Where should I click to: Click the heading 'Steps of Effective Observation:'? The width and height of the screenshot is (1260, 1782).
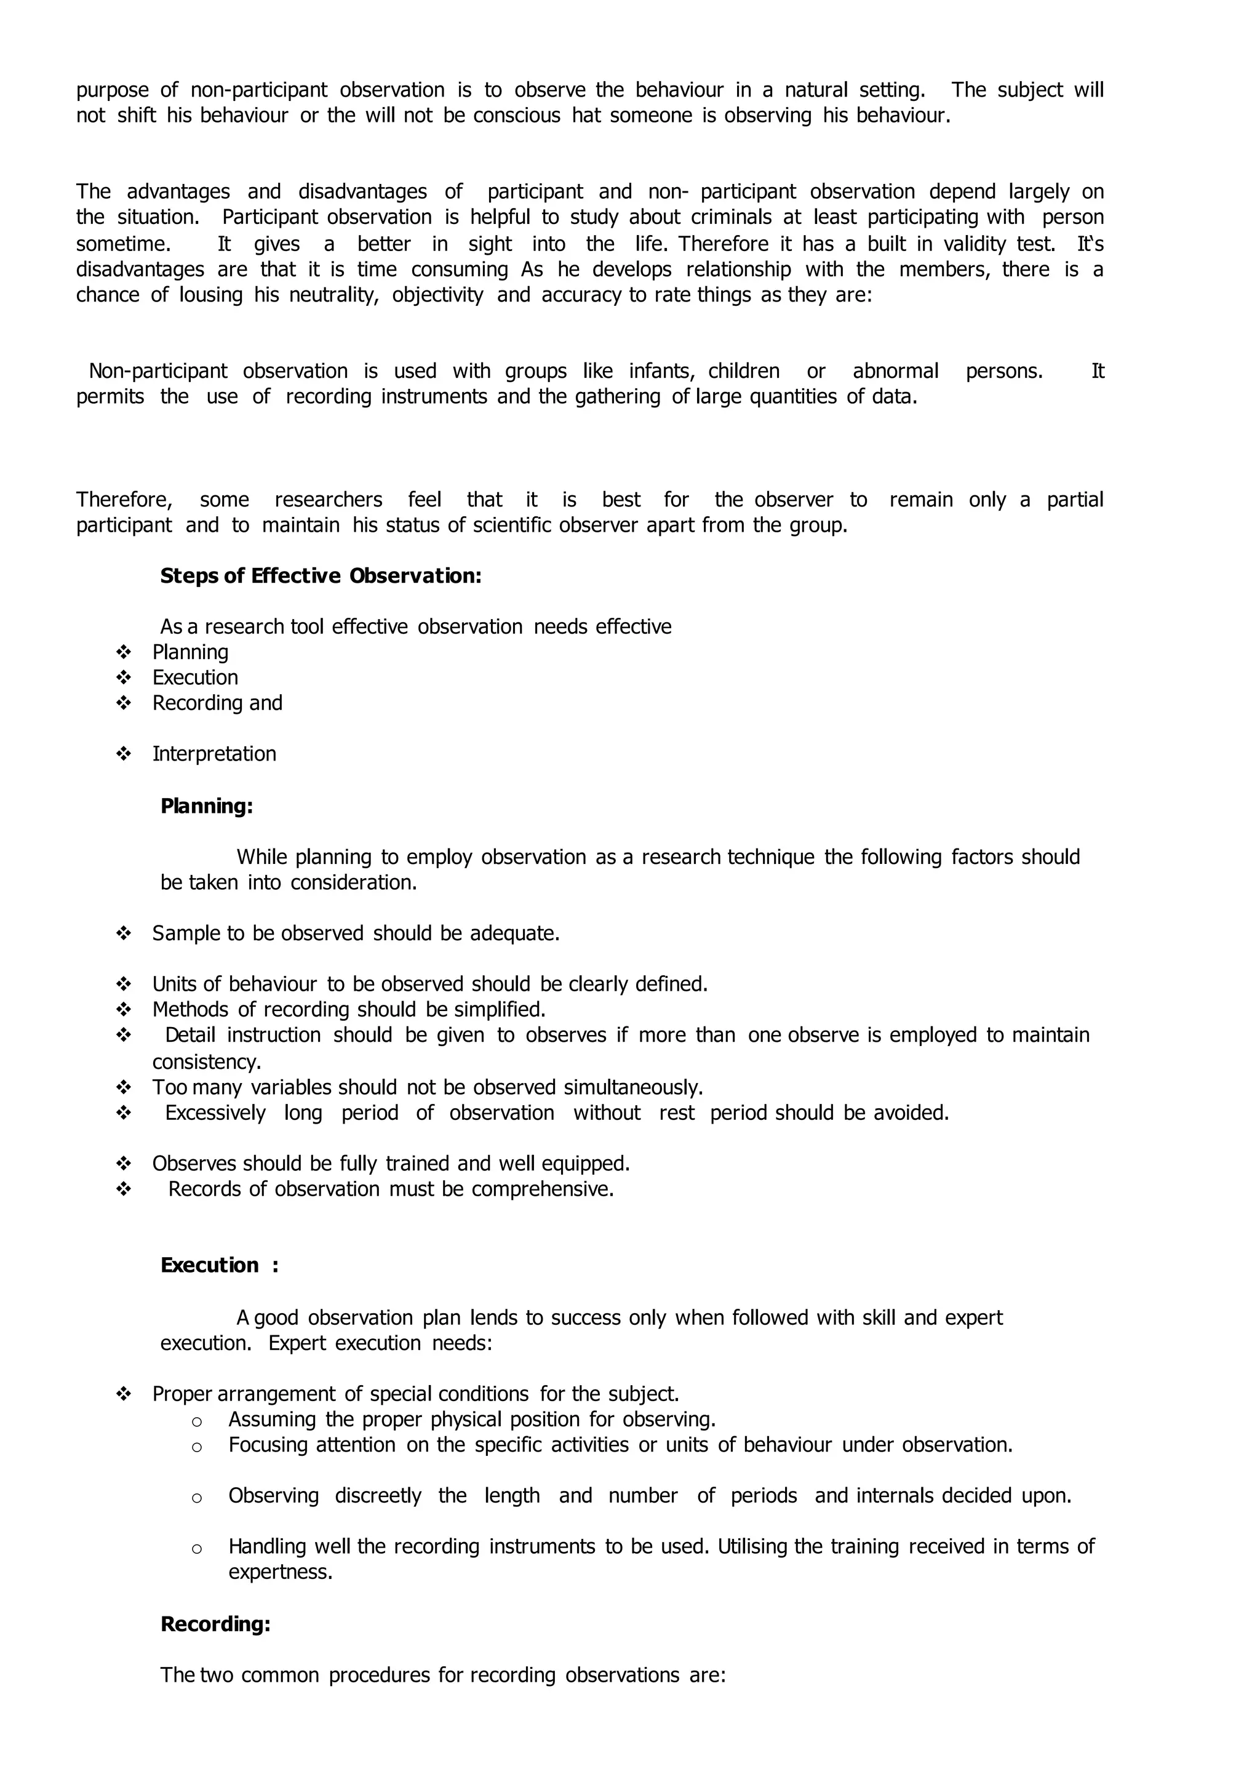point(321,576)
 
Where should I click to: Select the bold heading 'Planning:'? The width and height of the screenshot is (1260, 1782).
point(206,807)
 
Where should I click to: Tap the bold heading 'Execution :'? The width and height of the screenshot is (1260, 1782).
point(219,1265)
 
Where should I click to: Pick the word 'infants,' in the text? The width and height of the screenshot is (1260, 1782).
point(661,371)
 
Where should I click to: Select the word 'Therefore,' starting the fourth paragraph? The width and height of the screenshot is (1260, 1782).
point(124,500)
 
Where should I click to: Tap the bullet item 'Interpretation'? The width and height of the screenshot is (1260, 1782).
point(214,754)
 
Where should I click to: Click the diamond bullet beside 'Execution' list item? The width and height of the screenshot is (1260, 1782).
point(124,677)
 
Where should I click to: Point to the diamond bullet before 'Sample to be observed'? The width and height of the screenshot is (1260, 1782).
point(124,933)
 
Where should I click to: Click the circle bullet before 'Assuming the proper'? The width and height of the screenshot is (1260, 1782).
point(196,1421)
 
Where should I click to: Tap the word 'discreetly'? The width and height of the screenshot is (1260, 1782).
point(378,1496)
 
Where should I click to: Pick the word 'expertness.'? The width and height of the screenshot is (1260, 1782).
point(280,1572)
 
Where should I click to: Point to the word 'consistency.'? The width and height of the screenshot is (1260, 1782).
point(206,1061)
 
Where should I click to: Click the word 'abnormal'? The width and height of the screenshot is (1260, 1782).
point(895,371)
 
